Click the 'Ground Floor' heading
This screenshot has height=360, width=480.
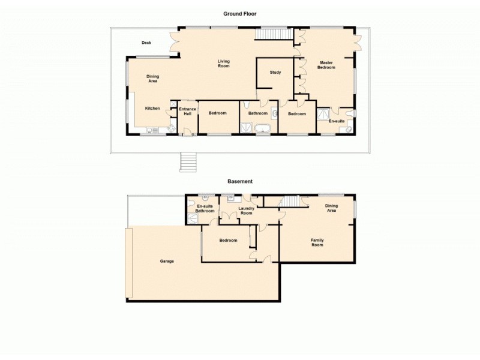click(x=240, y=13)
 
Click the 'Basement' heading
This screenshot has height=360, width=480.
click(x=240, y=181)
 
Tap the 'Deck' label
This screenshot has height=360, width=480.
click(x=146, y=43)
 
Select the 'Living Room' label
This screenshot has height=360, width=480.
click(x=223, y=63)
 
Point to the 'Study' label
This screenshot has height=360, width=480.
click(x=275, y=73)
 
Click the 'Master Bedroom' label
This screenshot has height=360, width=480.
click(x=326, y=65)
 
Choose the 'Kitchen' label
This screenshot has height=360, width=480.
click(x=152, y=108)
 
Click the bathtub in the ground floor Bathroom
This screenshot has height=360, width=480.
click(x=263, y=128)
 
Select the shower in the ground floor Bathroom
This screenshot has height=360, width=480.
click(x=246, y=127)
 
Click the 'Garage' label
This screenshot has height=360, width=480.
click(x=167, y=261)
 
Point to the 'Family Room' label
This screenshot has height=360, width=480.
click(x=317, y=242)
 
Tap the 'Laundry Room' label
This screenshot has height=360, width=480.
click(x=247, y=211)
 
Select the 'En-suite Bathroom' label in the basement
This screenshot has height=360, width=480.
click(x=205, y=209)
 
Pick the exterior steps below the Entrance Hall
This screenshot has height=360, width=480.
click(x=188, y=162)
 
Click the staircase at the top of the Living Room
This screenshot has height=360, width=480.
click(x=272, y=34)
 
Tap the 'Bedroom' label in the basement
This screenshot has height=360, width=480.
click(x=228, y=241)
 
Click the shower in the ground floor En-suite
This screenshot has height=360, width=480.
click(x=323, y=114)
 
